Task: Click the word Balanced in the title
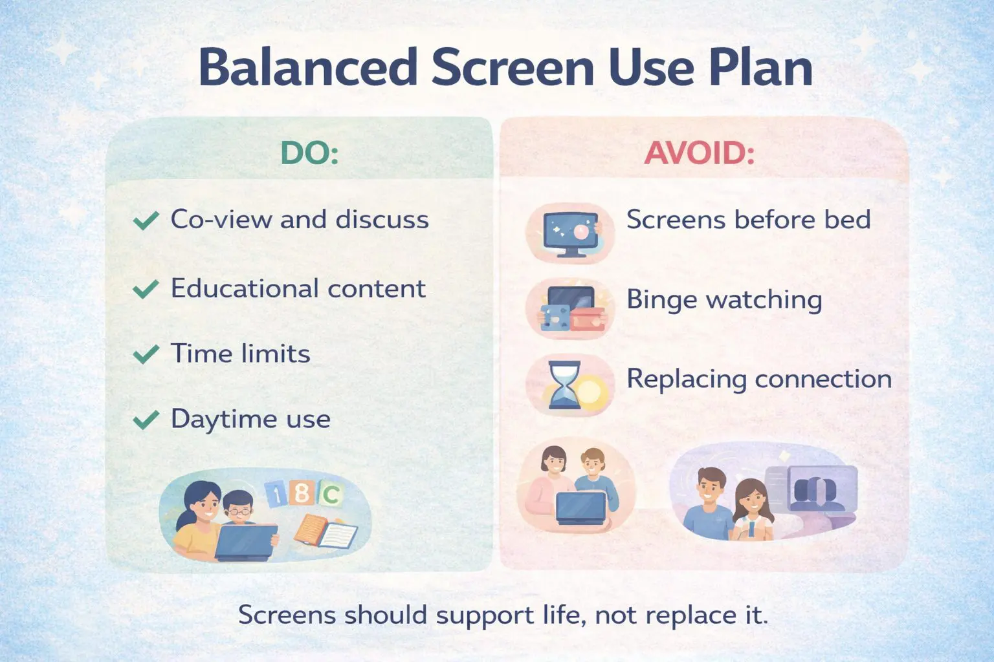308,67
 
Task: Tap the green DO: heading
310,153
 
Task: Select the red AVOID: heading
700,153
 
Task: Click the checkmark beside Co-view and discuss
146,220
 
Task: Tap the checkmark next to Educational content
146,289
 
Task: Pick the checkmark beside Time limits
146,354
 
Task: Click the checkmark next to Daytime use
146,420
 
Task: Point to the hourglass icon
565,385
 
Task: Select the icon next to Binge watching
571,309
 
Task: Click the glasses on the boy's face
239,511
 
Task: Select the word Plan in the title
760,67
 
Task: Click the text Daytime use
250,420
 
